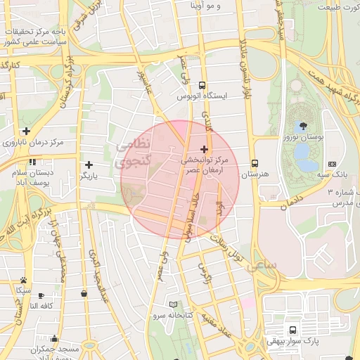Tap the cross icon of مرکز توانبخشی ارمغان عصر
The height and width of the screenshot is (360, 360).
(205, 149)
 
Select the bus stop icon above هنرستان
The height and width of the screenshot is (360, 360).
(254, 161)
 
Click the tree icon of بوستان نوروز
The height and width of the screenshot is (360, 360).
(303, 126)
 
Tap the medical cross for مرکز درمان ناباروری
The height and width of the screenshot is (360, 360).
(26, 131)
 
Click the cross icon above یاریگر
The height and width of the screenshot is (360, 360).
(89, 165)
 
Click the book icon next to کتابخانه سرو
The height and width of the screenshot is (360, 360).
(174, 304)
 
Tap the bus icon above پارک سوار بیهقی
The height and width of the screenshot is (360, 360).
(292, 329)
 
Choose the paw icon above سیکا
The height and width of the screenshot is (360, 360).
(24, 279)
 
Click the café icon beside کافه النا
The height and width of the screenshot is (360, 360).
(40, 295)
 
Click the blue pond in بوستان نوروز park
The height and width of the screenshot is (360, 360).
(302, 150)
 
